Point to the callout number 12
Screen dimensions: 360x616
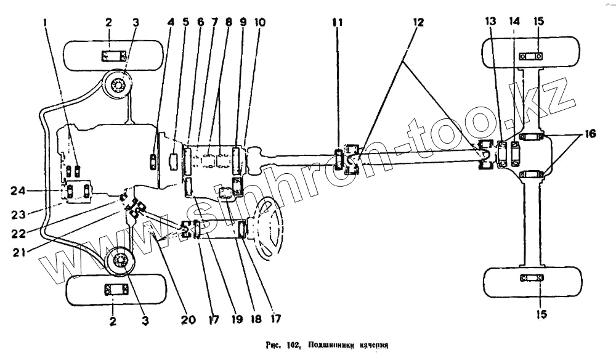click(418, 22)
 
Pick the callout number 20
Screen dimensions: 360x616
click(188, 320)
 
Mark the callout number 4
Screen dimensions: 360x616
click(170, 22)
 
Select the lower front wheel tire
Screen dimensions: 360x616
click(115, 290)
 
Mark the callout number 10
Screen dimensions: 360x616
click(260, 22)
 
